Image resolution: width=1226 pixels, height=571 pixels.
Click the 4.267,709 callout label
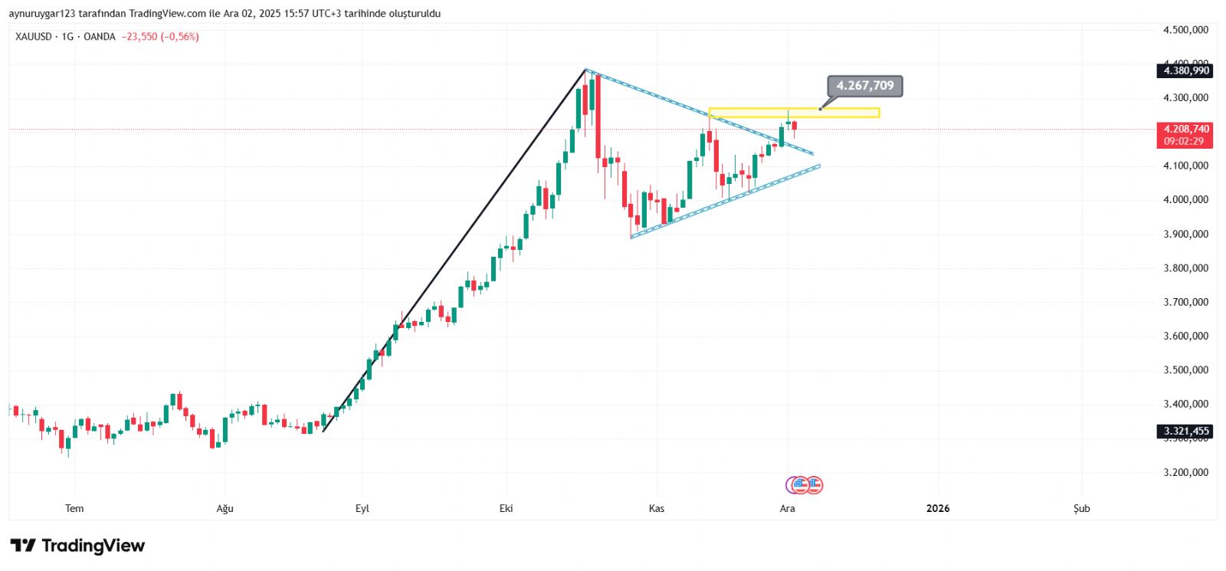pos(865,86)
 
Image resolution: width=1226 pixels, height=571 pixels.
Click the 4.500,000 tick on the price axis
pos(1185,30)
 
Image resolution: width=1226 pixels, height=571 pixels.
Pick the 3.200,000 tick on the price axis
pos(1185,472)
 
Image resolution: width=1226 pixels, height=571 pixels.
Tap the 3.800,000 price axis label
pos(1185,268)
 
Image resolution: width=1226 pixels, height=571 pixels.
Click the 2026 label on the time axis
pos(938,508)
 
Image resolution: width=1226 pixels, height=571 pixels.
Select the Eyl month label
pos(362,508)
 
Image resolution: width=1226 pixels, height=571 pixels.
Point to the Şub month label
pos(1081,508)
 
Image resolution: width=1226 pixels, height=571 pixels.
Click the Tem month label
pos(74,508)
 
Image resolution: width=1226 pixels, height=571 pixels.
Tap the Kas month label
pos(657,508)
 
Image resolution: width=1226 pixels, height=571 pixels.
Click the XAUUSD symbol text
pos(34,37)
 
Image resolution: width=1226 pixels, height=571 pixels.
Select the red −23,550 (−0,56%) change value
pos(160,37)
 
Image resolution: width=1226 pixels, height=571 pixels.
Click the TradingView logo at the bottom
pos(77,546)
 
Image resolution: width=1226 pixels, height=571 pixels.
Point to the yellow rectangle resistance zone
pos(794,113)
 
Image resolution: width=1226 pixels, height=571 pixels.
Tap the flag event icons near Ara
pos(805,484)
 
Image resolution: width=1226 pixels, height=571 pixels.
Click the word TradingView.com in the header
pos(168,14)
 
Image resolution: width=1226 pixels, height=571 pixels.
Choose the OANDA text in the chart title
pos(100,37)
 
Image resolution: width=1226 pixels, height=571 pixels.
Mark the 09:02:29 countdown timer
pos(1184,141)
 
